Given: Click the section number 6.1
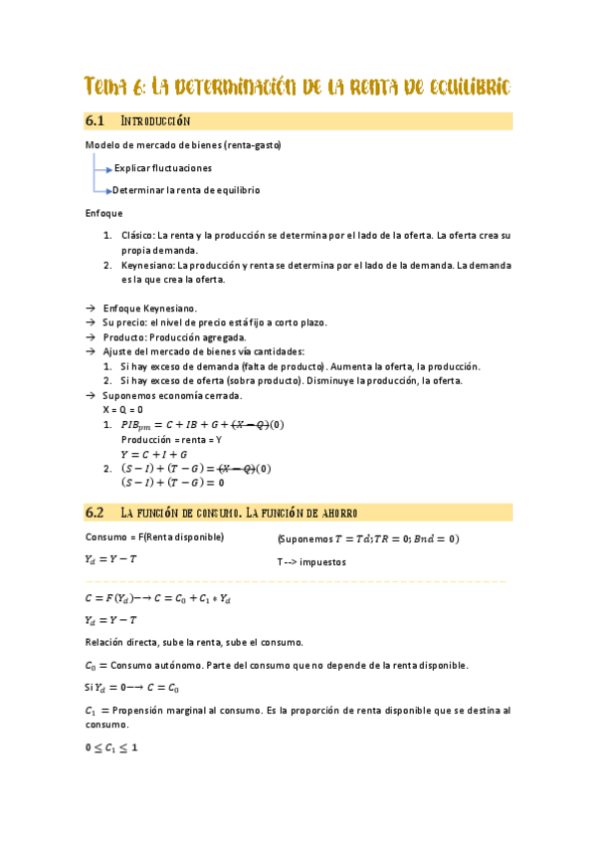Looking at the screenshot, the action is pyautogui.click(x=96, y=121).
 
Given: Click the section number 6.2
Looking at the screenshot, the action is pyautogui.click(x=96, y=513).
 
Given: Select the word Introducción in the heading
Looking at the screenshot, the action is pyautogui.click(x=154, y=121).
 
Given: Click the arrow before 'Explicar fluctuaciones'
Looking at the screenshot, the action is pyautogui.click(x=107, y=169).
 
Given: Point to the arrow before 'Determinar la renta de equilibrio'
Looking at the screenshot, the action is pyautogui.click(x=106, y=190).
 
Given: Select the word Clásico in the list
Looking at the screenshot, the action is pyautogui.click(x=138, y=236).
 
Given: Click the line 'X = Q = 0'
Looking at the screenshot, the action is pyautogui.click(x=122, y=409).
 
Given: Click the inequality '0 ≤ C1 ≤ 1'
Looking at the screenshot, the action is pyautogui.click(x=111, y=748).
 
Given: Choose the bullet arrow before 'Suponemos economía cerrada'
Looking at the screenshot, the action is pyautogui.click(x=91, y=395).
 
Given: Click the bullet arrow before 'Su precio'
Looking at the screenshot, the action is pyautogui.click(x=91, y=323).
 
